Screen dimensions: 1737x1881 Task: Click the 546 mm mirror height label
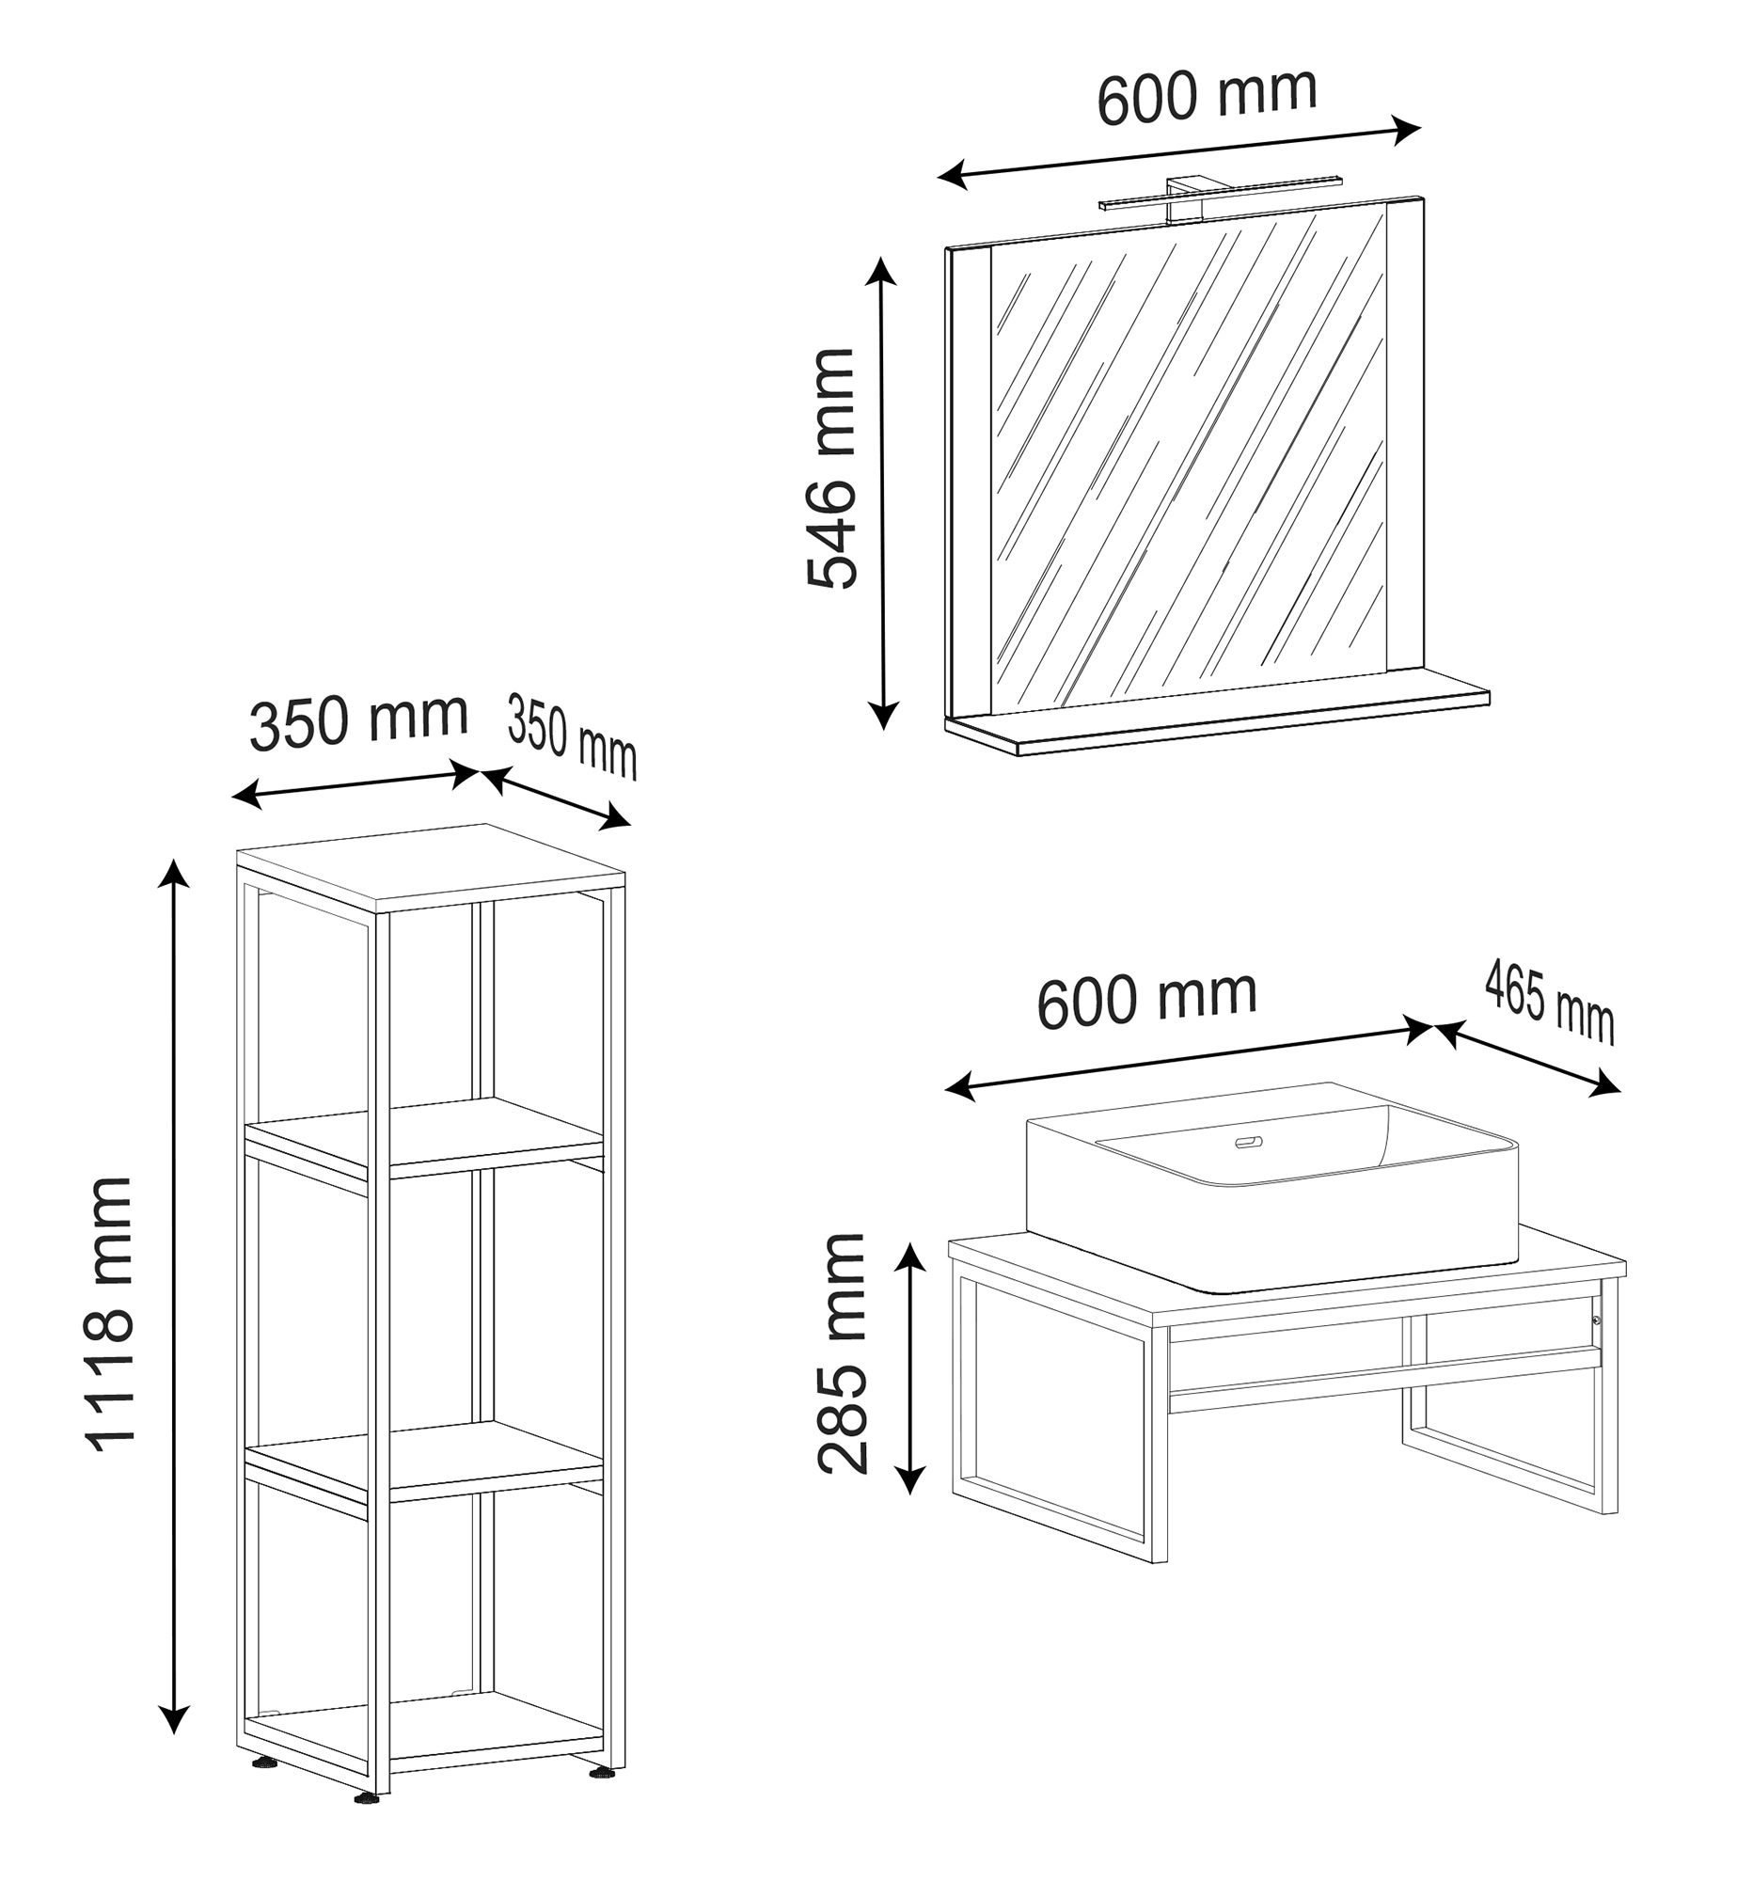831,468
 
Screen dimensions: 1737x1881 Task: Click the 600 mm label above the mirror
1208,95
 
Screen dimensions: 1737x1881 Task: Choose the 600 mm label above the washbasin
1147,999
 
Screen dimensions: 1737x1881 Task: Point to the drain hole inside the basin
1249,1143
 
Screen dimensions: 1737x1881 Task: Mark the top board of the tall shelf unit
431,867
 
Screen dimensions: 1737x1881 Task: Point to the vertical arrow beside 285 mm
909,1368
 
